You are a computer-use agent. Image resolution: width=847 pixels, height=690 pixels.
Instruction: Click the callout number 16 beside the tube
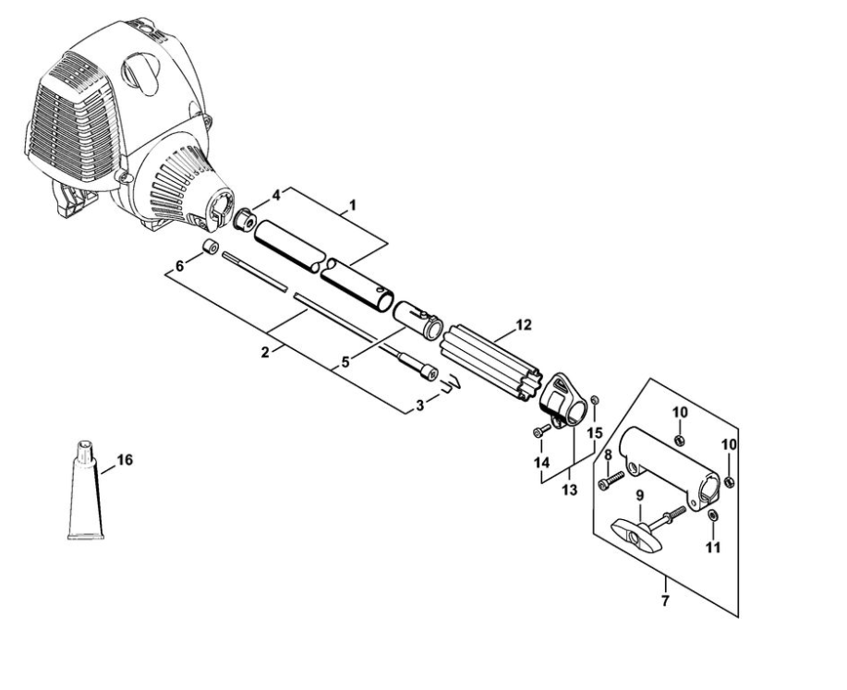125,460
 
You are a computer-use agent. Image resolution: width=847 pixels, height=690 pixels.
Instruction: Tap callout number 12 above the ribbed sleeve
524,325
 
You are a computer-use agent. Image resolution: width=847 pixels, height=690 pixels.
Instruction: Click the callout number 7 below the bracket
665,600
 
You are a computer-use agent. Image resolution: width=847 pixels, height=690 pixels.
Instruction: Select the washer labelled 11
712,514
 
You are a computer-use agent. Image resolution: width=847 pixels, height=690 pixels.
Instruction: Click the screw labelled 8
611,479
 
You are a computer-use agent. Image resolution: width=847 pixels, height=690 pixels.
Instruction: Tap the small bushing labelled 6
210,247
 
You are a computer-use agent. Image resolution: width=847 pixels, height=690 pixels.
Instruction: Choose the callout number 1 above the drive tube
353,205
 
